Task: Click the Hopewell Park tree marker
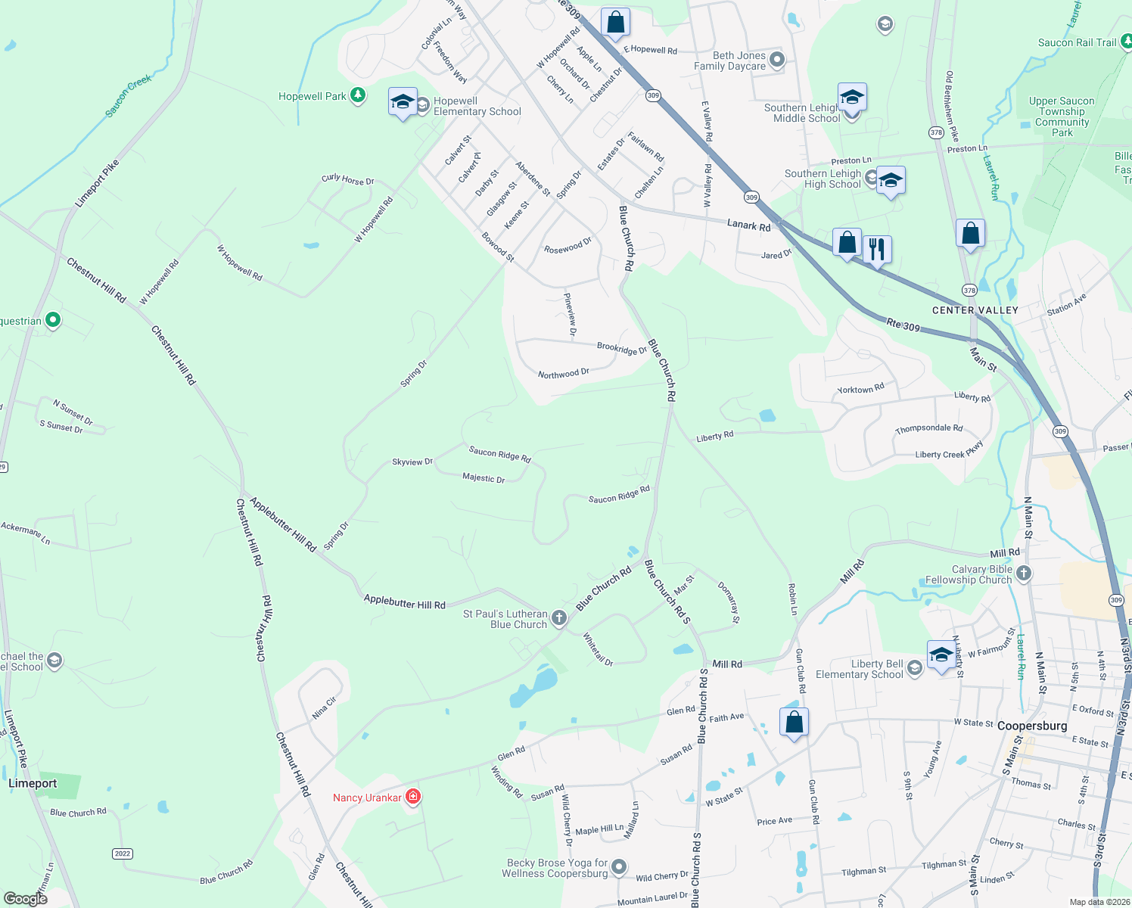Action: coord(358,96)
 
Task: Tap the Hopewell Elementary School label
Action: coord(477,107)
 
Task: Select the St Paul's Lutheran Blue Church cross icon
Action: coord(559,618)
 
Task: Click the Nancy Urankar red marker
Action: coord(413,797)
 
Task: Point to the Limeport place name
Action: coord(33,783)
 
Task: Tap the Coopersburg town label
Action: coord(1032,726)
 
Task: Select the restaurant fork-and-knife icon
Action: coord(877,248)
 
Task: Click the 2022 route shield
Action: coord(123,854)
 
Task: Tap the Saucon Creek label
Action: coord(128,95)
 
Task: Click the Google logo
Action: coord(25,898)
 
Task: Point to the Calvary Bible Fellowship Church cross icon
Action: coord(1024,574)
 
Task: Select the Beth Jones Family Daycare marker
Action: coord(776,59)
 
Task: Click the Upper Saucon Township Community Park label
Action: coord(1062,117)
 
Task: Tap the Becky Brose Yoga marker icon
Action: coord(619,866)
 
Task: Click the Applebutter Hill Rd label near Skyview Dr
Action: coord(283,524)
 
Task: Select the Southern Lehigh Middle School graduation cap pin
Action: coord(852,98)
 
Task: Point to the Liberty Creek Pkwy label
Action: coord(949,451)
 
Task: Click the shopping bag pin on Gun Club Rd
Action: coord(794,722)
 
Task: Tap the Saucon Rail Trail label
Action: coord(1077,42)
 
